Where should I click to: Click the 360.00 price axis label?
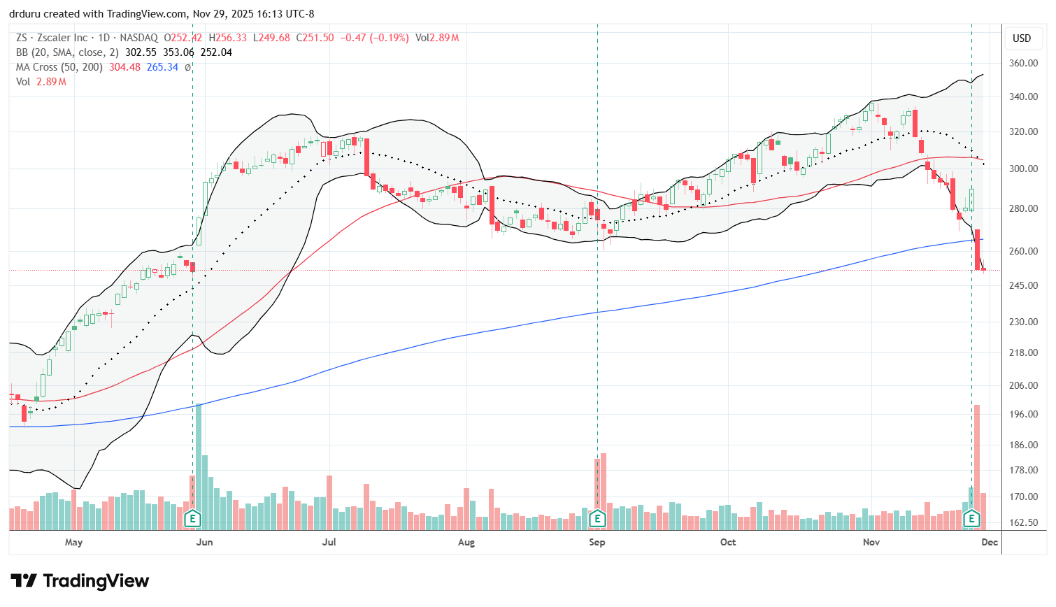coord(1022,63)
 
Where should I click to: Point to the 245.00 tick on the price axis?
coord(1022,285)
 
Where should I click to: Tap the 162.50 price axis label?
coord(1022,522)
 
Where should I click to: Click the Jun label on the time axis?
coord(204,542)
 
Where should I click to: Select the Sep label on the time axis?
coord(597,542)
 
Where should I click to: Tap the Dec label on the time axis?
coord(989,542)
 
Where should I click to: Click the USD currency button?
coord(1022,38)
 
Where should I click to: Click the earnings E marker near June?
coord(192,518)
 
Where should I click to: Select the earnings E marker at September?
coord(597,518)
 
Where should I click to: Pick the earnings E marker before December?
coord(971,518)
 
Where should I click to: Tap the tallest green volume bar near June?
coord(199,462)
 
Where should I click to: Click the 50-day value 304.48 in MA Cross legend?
coord(124,67)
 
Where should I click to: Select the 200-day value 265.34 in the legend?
coord(162,67)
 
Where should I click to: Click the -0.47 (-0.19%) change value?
coord(374,38)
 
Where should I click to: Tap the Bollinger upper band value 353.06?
coord(178,52)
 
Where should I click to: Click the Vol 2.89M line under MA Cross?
coord(41,82)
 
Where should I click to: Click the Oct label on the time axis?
coord(728,542)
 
